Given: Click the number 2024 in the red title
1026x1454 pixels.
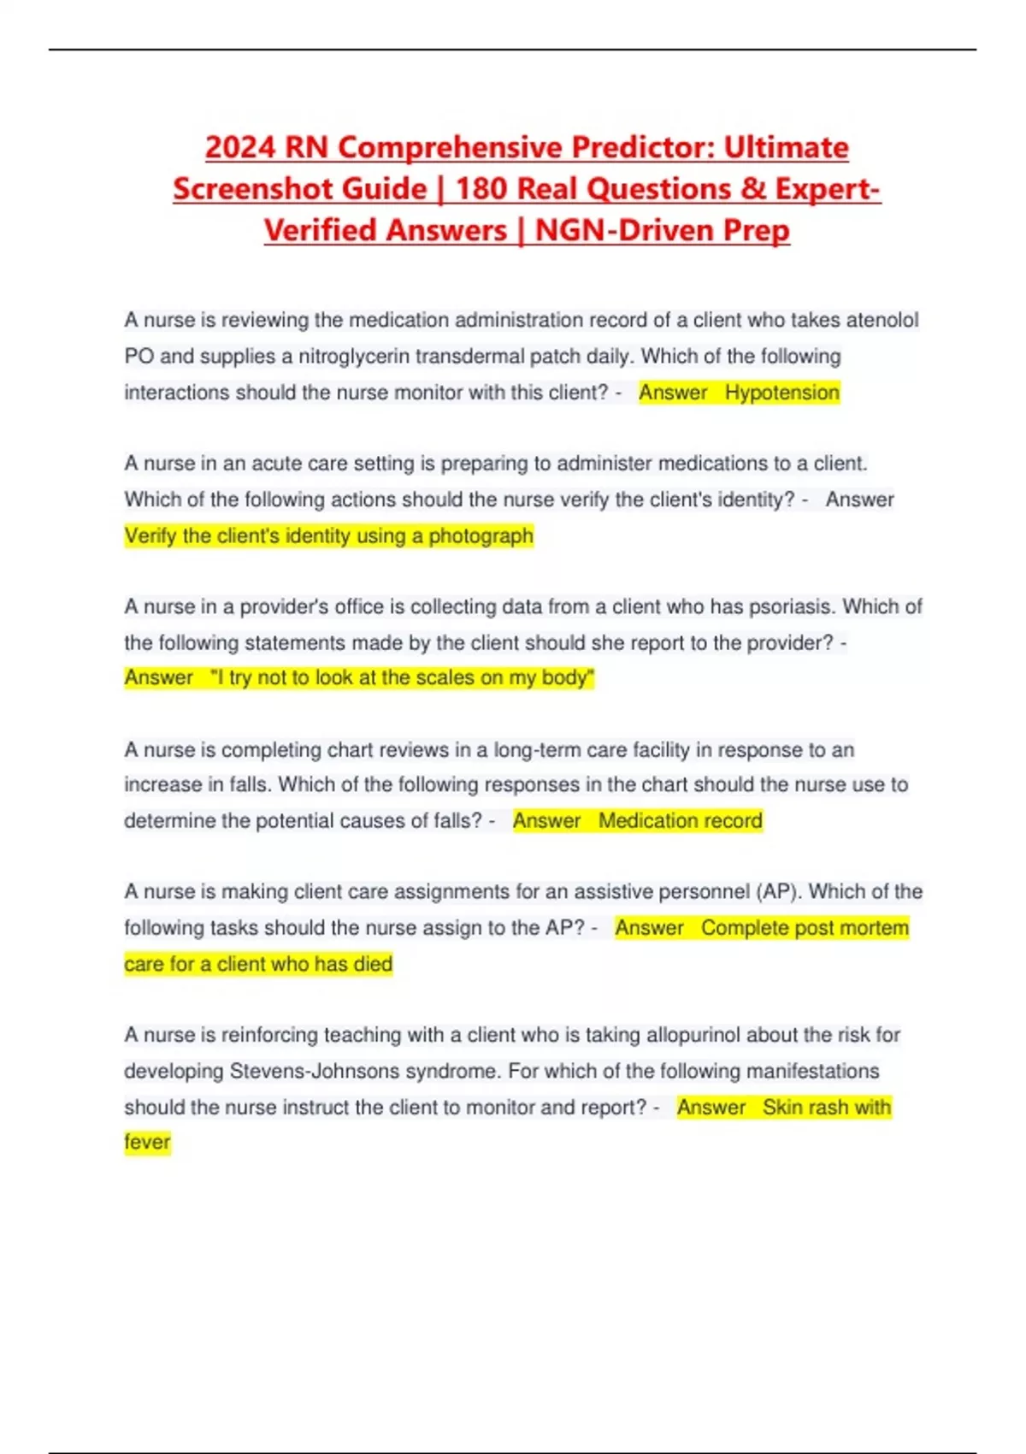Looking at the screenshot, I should [240, 147].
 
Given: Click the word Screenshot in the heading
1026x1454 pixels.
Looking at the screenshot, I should [299, 188].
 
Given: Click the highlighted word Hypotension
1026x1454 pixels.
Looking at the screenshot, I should [781, 393].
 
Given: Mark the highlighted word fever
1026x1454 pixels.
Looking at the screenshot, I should [147, 1143].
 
